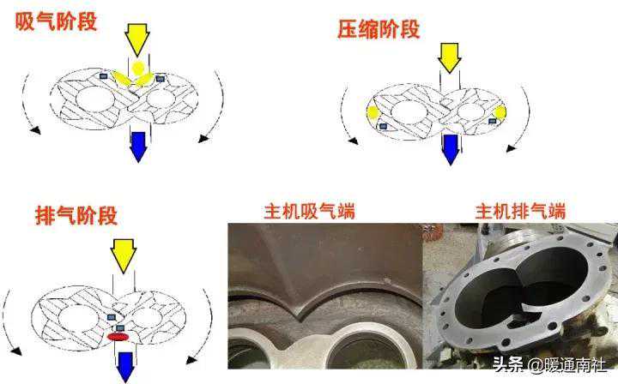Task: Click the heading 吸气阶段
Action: click(56, 21)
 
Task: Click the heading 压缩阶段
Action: click(379, 29)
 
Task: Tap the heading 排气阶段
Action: click(76, 215)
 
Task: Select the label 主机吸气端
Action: click(309, 211)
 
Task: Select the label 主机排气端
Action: click(521, 211)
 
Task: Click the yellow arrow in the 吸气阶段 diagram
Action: click(137, 39)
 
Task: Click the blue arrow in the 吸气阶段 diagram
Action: click(138, 147)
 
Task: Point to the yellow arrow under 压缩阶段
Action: click(449, 58)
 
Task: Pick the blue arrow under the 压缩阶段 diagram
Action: click(451, 150)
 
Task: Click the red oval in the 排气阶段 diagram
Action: click(118, 337)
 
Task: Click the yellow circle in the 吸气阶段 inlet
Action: click(138, 69)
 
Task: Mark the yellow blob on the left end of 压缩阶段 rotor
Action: click(373, 113)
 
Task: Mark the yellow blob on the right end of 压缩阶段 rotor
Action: click(500, 112)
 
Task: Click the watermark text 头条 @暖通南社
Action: click(550, 365)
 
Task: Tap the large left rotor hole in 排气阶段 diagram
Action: click(77, 318)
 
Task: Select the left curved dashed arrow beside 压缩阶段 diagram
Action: click(342, 115)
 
